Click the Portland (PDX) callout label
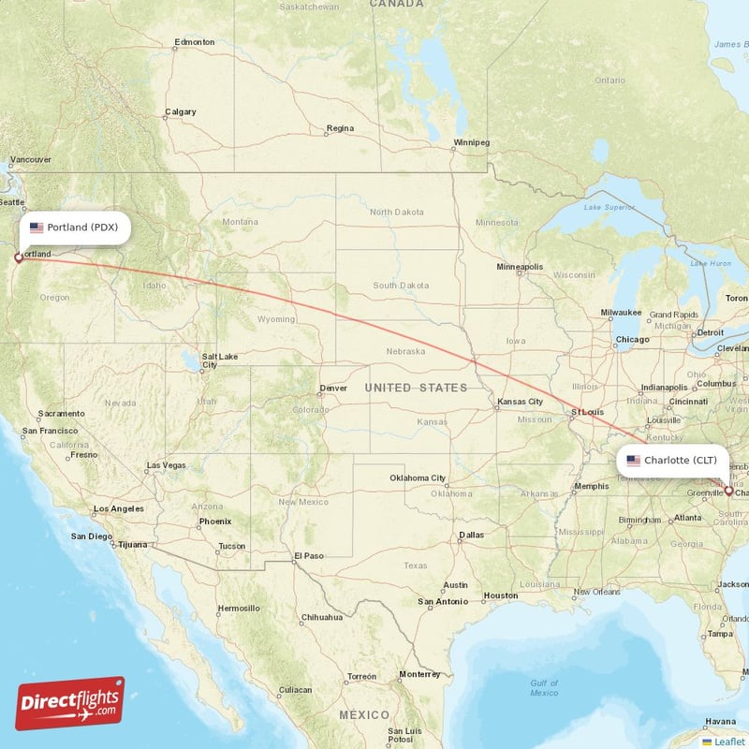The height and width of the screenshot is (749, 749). pyautogui.click(x=74, y=228)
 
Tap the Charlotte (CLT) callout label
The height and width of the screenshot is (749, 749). pyautogui.click(x=672, y=460)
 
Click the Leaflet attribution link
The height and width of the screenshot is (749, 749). pyautogui.click(x=727, y=742)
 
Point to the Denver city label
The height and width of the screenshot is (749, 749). pyautogui.click(x=333, y=388)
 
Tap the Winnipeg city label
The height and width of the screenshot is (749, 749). pyautogui.click(x=471, y=142)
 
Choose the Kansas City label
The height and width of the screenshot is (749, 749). pyautogui.click(x=520, y=402)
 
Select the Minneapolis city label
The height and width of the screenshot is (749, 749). pyautogui.click(x=520, y=267)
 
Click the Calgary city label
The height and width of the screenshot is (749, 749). pyautogui.click(x=181, y=112)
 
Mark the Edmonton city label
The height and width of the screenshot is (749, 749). pyautogui.click(x=195, y=42)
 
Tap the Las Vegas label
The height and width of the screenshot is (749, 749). pyautogui.click(x=166, y=465)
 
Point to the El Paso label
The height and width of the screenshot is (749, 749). pyautogui.click(x=309, y=556)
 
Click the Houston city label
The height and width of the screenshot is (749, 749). pyautogui.click(x=500, y=595)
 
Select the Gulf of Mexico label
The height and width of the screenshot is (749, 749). pyautogui.click(x=544, y=688)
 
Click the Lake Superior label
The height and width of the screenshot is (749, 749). pyautogui.click(x=602, y=207)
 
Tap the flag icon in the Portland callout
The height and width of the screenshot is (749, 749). pyautogui.click(x=37, y=228)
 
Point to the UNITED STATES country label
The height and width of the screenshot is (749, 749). pyautogui.click(x=416, y=388)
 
